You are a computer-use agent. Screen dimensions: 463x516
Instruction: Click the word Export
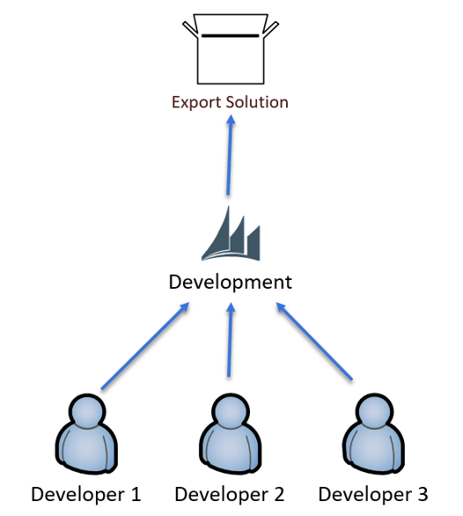click(x=193, y=102)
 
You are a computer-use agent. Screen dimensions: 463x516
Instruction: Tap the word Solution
click(x=253, y=102)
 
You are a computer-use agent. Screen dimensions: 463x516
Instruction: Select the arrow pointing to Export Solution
click(x=230, y=155)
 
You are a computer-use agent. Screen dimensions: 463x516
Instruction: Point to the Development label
click(x=231, y=283)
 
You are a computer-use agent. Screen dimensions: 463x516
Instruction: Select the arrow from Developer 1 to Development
click(x=145, y=346)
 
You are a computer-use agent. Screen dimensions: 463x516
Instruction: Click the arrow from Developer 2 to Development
click(x=230, y=340)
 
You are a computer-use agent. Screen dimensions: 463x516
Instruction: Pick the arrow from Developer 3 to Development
click(x=314, y=342)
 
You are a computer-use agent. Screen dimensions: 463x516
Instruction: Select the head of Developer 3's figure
click(x=374, y=411)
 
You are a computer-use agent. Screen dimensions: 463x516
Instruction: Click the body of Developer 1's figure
click(x=86, y=449)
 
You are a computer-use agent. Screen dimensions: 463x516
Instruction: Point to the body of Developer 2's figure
click(x=231, y=449)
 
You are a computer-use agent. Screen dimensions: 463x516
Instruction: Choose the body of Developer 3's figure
click(x=374, y=449)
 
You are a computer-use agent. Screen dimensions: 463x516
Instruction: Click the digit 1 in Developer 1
click(x=135, y=495)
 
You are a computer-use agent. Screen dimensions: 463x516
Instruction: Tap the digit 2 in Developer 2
click(x=278, y=495)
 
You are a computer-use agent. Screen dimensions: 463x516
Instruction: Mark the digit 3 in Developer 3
click(x=423, y=495)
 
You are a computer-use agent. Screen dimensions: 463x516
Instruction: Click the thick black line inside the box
click(x=231, y=35)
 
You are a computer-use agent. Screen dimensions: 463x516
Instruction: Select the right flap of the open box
click(x=270, y=29)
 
